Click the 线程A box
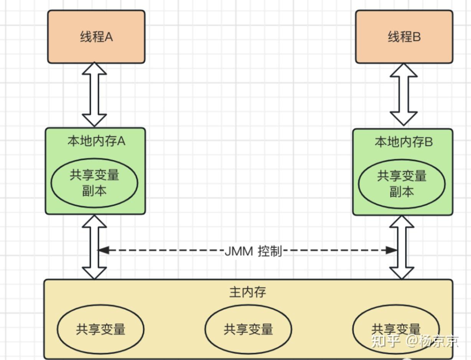coord(96,37)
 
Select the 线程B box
coord(404,37)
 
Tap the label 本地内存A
coord(96,141)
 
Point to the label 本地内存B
coord(403,142)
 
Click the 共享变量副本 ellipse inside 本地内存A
coord(94,183)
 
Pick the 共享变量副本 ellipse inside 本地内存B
coord(402,184)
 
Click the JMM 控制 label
coord(253,251)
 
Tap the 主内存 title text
coord(248,292)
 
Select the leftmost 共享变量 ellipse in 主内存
coord(100,329)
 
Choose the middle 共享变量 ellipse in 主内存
coord(248,329)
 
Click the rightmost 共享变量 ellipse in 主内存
coord(396,329)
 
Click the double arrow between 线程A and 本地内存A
coord(94,94)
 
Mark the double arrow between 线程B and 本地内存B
coord(403,95)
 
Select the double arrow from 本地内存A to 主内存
coord(94,247)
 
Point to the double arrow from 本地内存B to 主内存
coord(402,247)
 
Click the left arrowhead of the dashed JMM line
coord(103,250)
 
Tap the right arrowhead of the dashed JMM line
coord(392,250)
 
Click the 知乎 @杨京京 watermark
coord(415,341)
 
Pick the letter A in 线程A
coord(109,37)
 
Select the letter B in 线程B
coord(417,37)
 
